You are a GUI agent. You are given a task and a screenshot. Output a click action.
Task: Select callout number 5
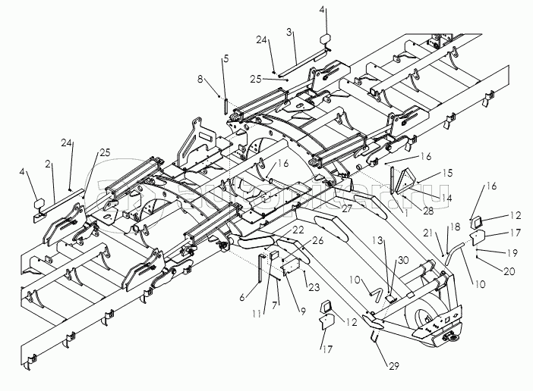pyautogui.click(x=225, y=58)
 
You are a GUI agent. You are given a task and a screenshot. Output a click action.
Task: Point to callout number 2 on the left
pyautogui.click(x=47, y=163)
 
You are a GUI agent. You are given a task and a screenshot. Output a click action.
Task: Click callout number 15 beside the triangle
pyautogui.click(x=448, y=173)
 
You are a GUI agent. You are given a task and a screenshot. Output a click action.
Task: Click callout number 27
pyautogui.click(x=346, y=206)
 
